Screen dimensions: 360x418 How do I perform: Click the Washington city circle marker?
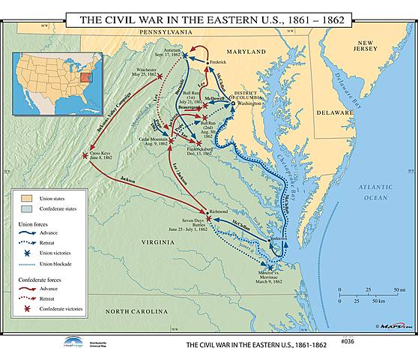[235, 103]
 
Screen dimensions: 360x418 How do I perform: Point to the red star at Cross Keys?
[85, 155]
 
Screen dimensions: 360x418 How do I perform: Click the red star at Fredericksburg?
[199, 143]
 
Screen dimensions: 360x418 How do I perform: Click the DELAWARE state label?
[333, 112]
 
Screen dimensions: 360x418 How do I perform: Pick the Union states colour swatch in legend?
[24, 197]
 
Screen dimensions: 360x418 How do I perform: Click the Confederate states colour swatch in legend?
[24, 209]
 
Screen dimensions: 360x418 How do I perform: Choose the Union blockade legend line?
[25, 263]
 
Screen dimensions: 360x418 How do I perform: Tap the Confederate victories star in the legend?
[25, 308]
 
